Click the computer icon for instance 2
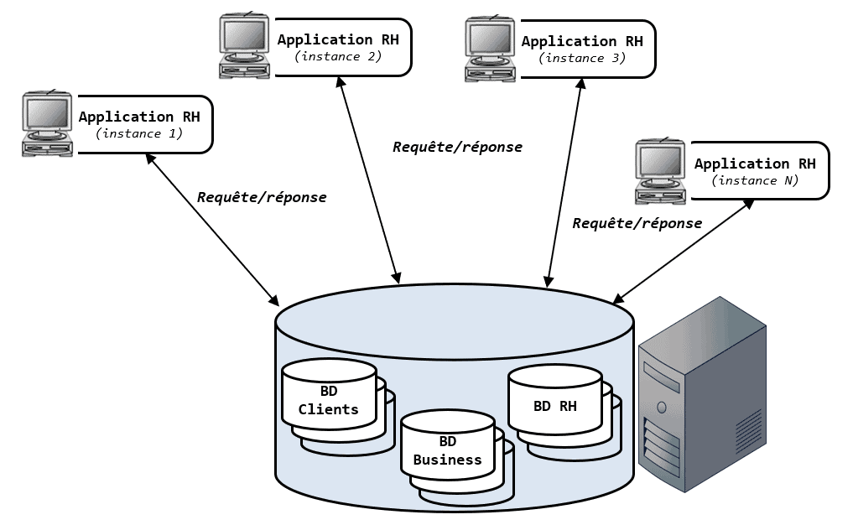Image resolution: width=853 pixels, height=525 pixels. [246, 47]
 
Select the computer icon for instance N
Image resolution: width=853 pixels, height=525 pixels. [660, 171]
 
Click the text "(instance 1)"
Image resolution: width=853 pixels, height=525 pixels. [139, 133]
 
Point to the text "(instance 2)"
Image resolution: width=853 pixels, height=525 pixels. [338, 56]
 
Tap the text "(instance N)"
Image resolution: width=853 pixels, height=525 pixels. [755, 180]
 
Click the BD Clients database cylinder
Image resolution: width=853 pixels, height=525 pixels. [329, 401]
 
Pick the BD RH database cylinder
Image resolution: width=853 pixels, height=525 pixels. [555, 407]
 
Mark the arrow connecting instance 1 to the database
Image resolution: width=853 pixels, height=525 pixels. [211, 228]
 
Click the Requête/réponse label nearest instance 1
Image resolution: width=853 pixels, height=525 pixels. [262, 197]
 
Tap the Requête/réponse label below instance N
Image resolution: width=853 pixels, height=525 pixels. [637, 223]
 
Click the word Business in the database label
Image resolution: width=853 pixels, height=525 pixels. [448, 460]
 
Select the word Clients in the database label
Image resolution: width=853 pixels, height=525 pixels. [329, 409]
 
